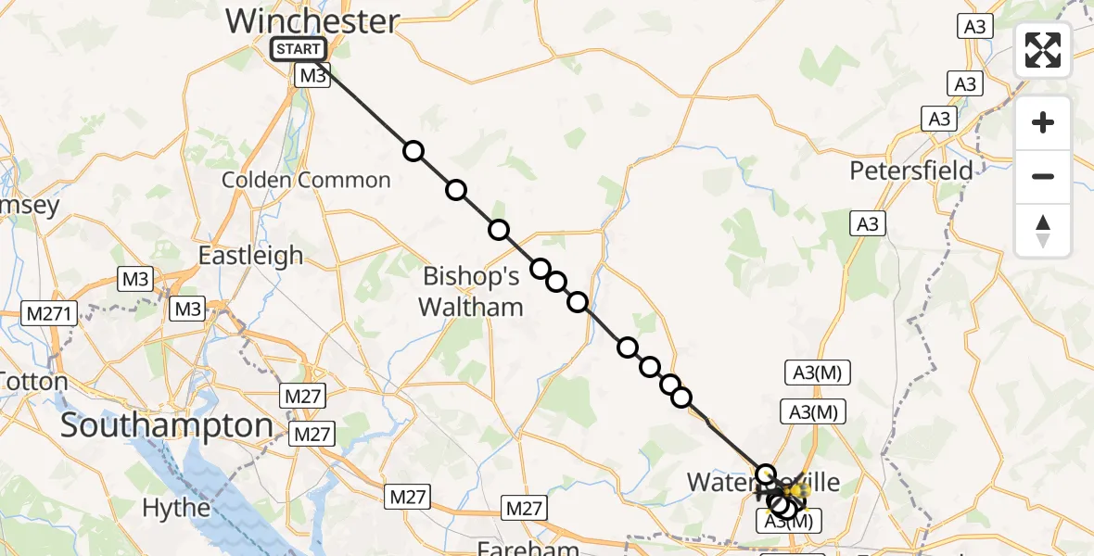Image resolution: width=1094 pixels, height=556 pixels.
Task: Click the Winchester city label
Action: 312,21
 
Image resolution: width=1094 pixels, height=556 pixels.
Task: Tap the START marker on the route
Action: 298,49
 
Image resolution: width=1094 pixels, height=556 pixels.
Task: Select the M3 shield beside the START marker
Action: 312,76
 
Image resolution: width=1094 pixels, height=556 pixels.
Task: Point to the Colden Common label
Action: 306,180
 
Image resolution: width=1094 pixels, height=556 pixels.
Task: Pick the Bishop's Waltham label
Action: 472,291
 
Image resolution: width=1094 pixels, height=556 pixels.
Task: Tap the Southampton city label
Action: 167,426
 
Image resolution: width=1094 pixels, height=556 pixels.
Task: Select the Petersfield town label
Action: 912,171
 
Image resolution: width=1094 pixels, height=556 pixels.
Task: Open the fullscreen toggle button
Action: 1043,50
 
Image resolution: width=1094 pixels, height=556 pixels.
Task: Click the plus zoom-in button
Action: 1043,122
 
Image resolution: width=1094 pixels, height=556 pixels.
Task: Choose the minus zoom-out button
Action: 1043,176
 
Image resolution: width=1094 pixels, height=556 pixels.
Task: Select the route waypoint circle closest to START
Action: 413,151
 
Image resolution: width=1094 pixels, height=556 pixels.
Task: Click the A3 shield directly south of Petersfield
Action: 867,223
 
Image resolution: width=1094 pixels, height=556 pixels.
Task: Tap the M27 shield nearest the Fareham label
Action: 525,508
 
